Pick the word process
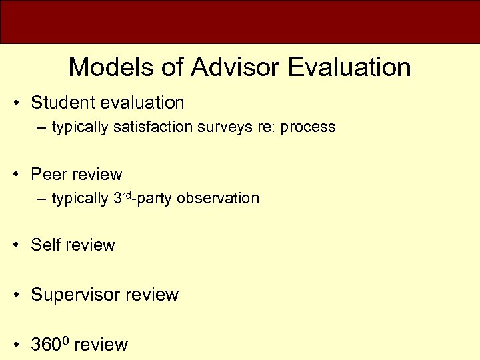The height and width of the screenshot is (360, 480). coord(308,127)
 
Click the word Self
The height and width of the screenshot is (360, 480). coord(45,245)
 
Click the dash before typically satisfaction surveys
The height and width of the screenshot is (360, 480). coord(41,127)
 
